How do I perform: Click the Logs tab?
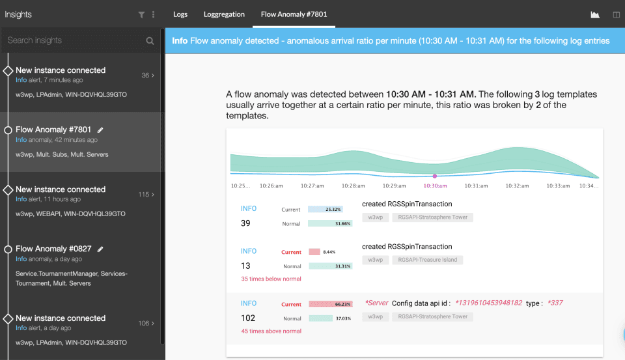tap(180, 14)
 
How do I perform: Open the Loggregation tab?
tap(224, 14)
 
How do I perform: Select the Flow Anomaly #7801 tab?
tap(294, 14)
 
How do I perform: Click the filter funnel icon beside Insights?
tap(141, 15)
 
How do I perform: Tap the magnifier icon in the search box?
tap(150, 40)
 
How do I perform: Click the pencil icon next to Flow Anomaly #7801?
tap(100, 130)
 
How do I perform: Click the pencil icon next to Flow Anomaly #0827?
tap(100, 249)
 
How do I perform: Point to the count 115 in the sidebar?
tap(143, 195)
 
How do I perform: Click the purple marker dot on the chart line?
tap(435, 176)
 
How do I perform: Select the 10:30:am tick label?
tap(435, 186)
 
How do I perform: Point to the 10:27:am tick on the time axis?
tap(312, 186)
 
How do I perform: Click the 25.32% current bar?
tap(326, 209)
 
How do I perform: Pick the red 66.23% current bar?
tap(331, 304)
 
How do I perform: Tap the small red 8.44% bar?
tap(314, 252)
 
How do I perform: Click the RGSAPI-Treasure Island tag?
tap(427, 260)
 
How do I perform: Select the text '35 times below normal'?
tap(271, 279)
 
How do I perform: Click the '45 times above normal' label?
tap(271, 331)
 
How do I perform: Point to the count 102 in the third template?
tap(248, 318)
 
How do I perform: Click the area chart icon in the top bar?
tap(594, 15)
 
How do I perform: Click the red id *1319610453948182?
tap(489, 303)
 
